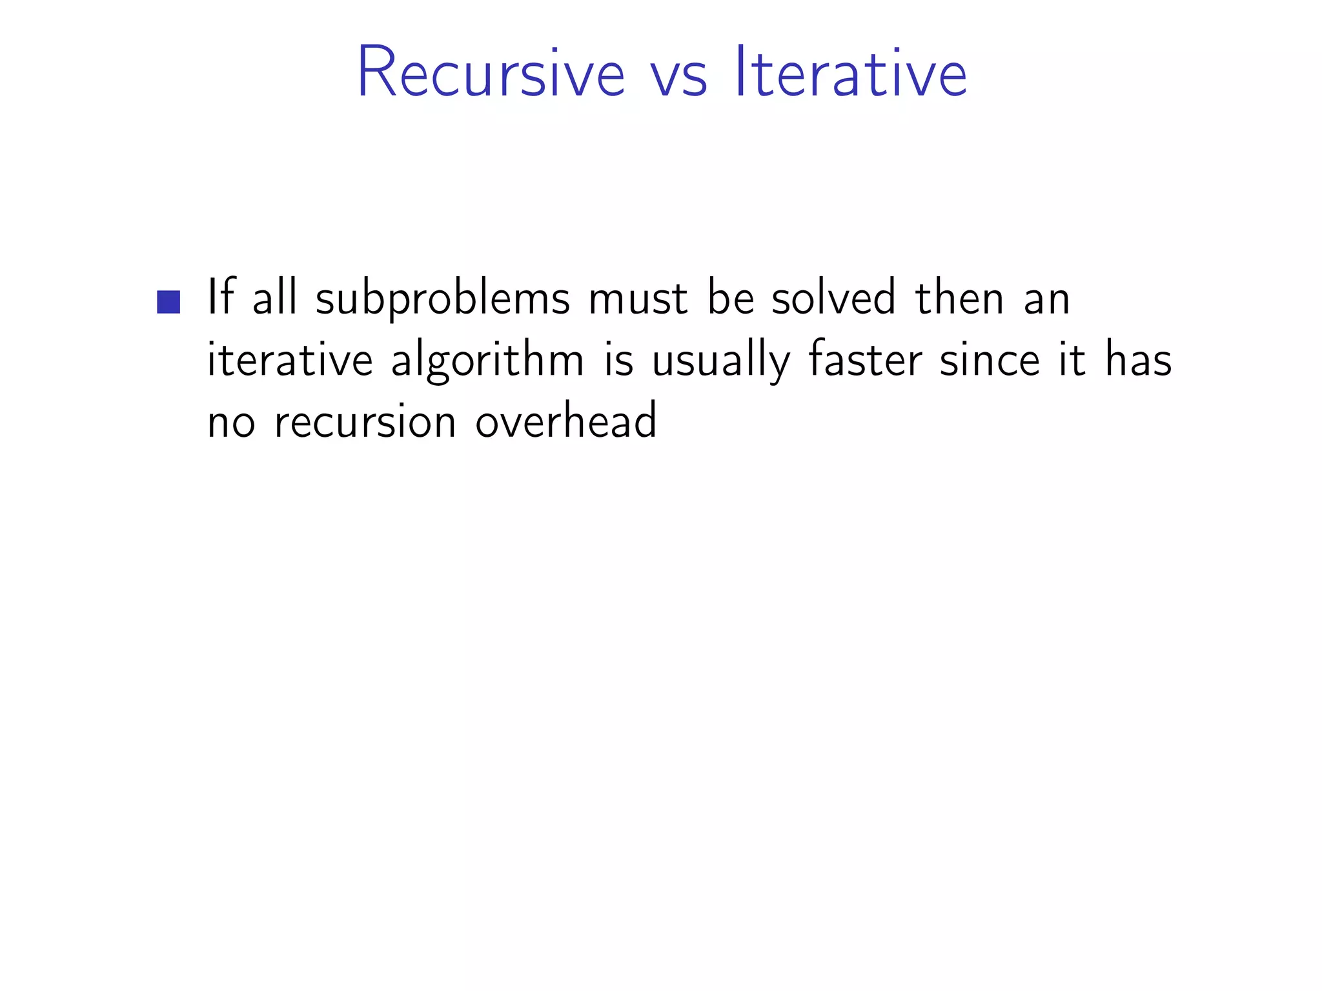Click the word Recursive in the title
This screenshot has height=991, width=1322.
(x=491, y=72)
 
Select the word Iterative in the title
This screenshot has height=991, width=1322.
(x=851, y=72)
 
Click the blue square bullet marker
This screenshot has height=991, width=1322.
(x=168, y=302)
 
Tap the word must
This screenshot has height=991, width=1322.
(x=638, y=299)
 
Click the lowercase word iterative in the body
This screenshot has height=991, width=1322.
(x=289, y=359)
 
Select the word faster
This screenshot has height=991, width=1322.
(x=865, y=359)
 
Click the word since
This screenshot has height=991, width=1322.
(x=990, y=359)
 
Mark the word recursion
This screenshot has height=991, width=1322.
(x=365, y=421)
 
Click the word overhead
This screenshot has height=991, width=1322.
(x=566, y=420)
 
